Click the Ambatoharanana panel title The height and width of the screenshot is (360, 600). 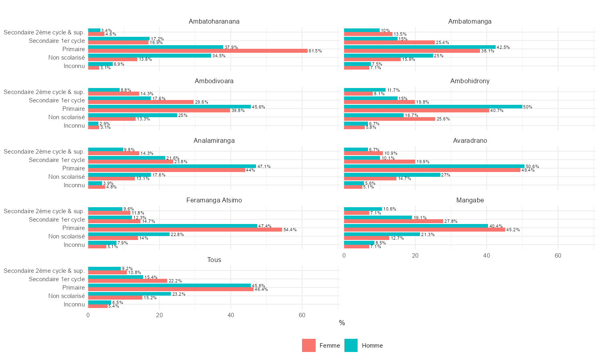(x=214, y=22)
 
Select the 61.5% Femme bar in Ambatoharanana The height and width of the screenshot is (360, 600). (x=198, y=51)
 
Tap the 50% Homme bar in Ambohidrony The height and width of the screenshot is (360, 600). (x=433, y=106)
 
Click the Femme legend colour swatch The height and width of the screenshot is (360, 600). (x=309, y=346)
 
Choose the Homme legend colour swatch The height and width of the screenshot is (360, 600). (x=351, y=346)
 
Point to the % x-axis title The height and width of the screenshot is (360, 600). (x=342, y=323)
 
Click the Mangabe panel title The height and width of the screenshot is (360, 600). (x=470, y=200)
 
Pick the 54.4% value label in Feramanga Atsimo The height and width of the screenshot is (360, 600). (x=290, y=230)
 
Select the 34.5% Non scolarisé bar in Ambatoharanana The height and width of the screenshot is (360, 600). (x=150, y=56)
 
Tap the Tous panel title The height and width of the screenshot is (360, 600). (x=214, y=260)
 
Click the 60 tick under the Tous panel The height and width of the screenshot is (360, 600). (x=302, y=315)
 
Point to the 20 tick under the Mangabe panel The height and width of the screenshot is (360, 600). (x=415, y=256)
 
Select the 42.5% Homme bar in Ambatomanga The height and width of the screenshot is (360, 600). (x=420, y=47)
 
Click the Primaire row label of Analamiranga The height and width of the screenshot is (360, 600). (x=74, y=168)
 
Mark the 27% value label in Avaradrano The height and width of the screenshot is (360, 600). (x=446, y=175)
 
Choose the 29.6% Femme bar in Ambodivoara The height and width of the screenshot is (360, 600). (x=141, y=102)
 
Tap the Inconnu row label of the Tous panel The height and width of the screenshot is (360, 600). (x=74, y=304)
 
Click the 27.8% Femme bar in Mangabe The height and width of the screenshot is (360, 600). (x=394, y=221)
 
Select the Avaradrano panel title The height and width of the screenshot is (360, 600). (x=470, y=141)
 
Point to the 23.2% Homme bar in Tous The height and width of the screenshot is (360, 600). (x=129, y=294)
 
